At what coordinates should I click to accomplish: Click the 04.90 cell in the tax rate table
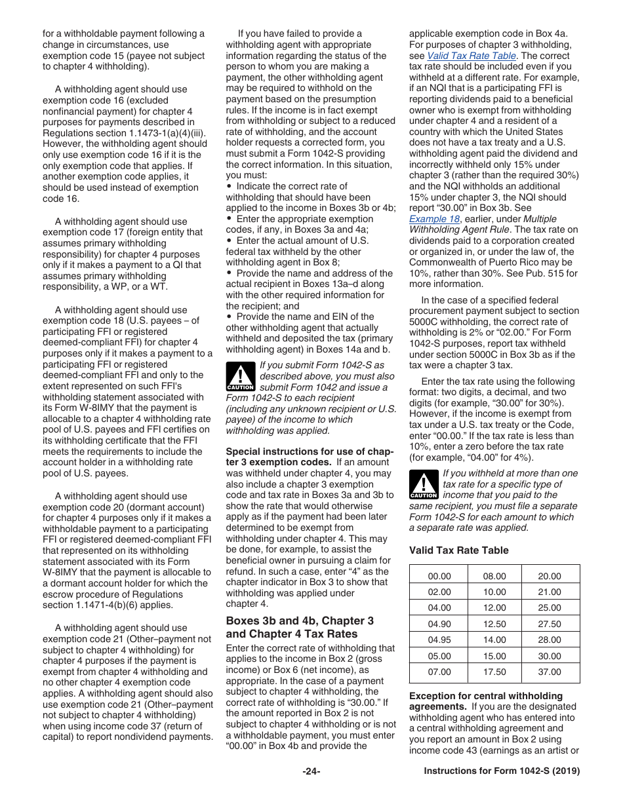(439, 624)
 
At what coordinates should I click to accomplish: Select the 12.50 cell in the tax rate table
(494, 624)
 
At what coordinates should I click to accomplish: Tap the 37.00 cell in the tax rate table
(550, 672)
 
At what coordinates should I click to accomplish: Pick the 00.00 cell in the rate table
(439, 576)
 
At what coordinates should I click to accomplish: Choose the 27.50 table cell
(550, 624)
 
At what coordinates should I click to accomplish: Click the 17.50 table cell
(494, 672)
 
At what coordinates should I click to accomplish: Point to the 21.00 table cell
(550, 592)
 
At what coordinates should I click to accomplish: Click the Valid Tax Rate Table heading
(458, 550)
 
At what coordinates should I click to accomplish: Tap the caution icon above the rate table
(423, 485)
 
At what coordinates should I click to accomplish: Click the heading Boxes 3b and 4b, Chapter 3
(300, 621)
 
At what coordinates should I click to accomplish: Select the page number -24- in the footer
(311, 771)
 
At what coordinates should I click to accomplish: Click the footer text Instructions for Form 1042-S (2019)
(502, 771)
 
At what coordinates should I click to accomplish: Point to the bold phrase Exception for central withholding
(485, 696)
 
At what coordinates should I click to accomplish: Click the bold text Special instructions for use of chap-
(309, 451)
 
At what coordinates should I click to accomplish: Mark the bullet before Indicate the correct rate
(229, 186)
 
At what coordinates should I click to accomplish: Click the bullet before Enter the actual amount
(229, 240)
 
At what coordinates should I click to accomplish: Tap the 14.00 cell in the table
(494, 640)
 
